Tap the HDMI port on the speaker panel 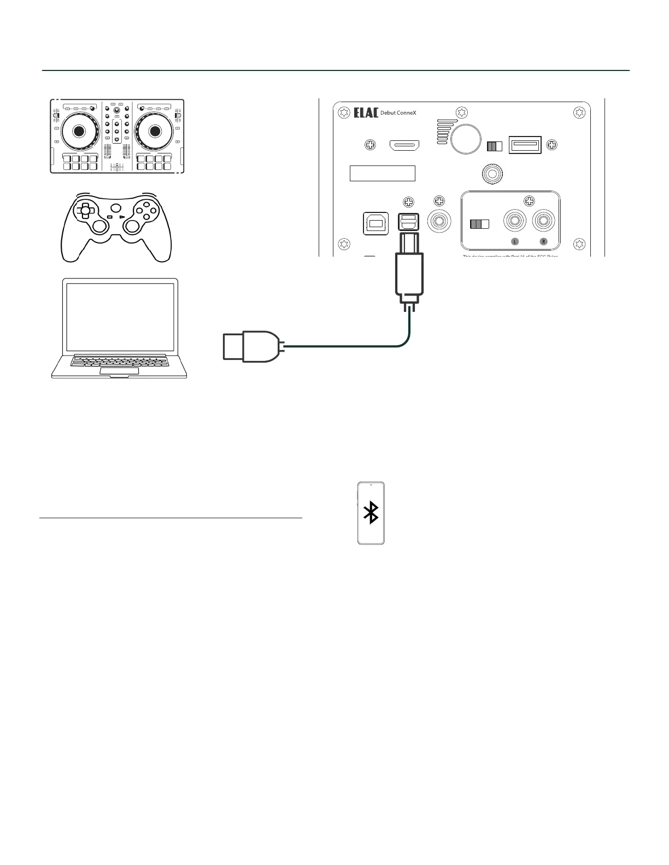coord(404,145)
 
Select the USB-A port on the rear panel coord(525,145)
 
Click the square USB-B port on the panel coord(375,224)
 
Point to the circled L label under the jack coord(514,242)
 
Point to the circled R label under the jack coord(543,242)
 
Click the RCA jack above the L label coord(515,222)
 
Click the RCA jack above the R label coord(543,222)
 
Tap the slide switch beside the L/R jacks coord(479,224)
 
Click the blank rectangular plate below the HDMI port coord(382,173)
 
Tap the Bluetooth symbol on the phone coord(372,513)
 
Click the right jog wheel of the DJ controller coord(155,131)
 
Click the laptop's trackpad coord(119,371)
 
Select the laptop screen coord(120,317)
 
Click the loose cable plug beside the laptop coord(251,346)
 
